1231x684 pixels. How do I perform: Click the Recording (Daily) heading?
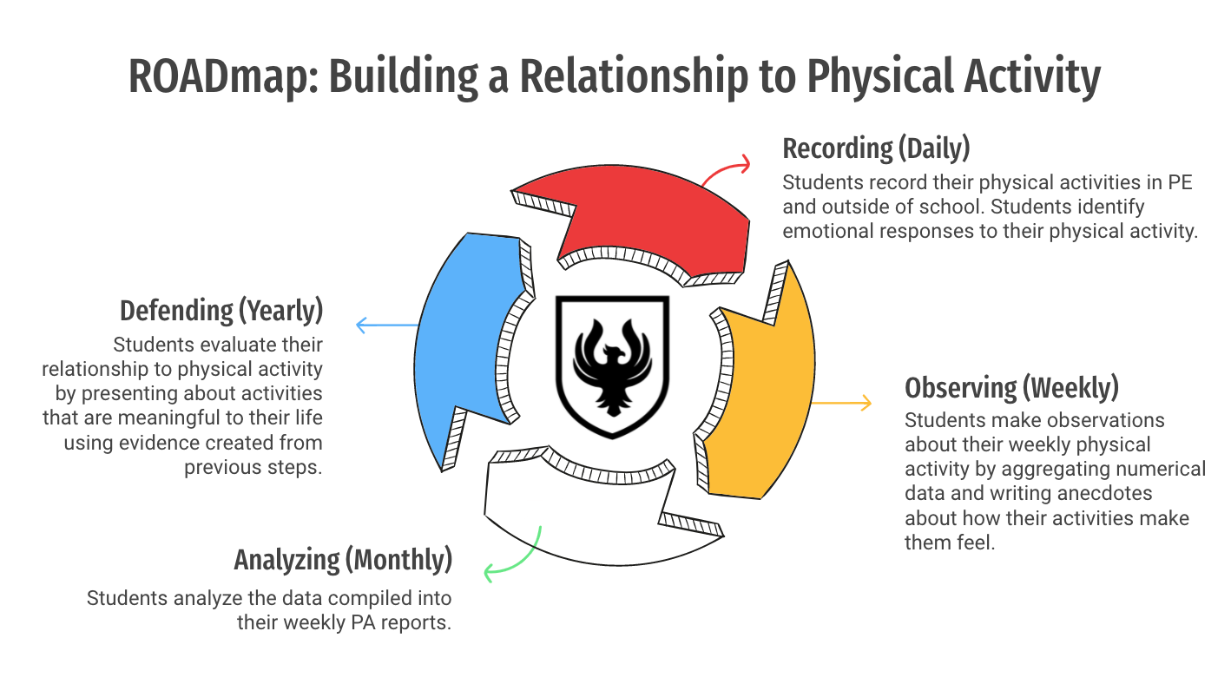coord(875,148)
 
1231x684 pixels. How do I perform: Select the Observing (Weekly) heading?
coord(1011,386)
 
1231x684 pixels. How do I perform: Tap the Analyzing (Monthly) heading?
coord(343,560)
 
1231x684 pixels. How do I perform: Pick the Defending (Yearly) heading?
coord(221,310)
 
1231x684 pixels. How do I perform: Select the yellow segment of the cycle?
coord(764,391)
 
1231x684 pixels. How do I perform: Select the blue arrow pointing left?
coord(386,326)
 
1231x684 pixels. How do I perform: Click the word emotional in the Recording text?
coord(825,232)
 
